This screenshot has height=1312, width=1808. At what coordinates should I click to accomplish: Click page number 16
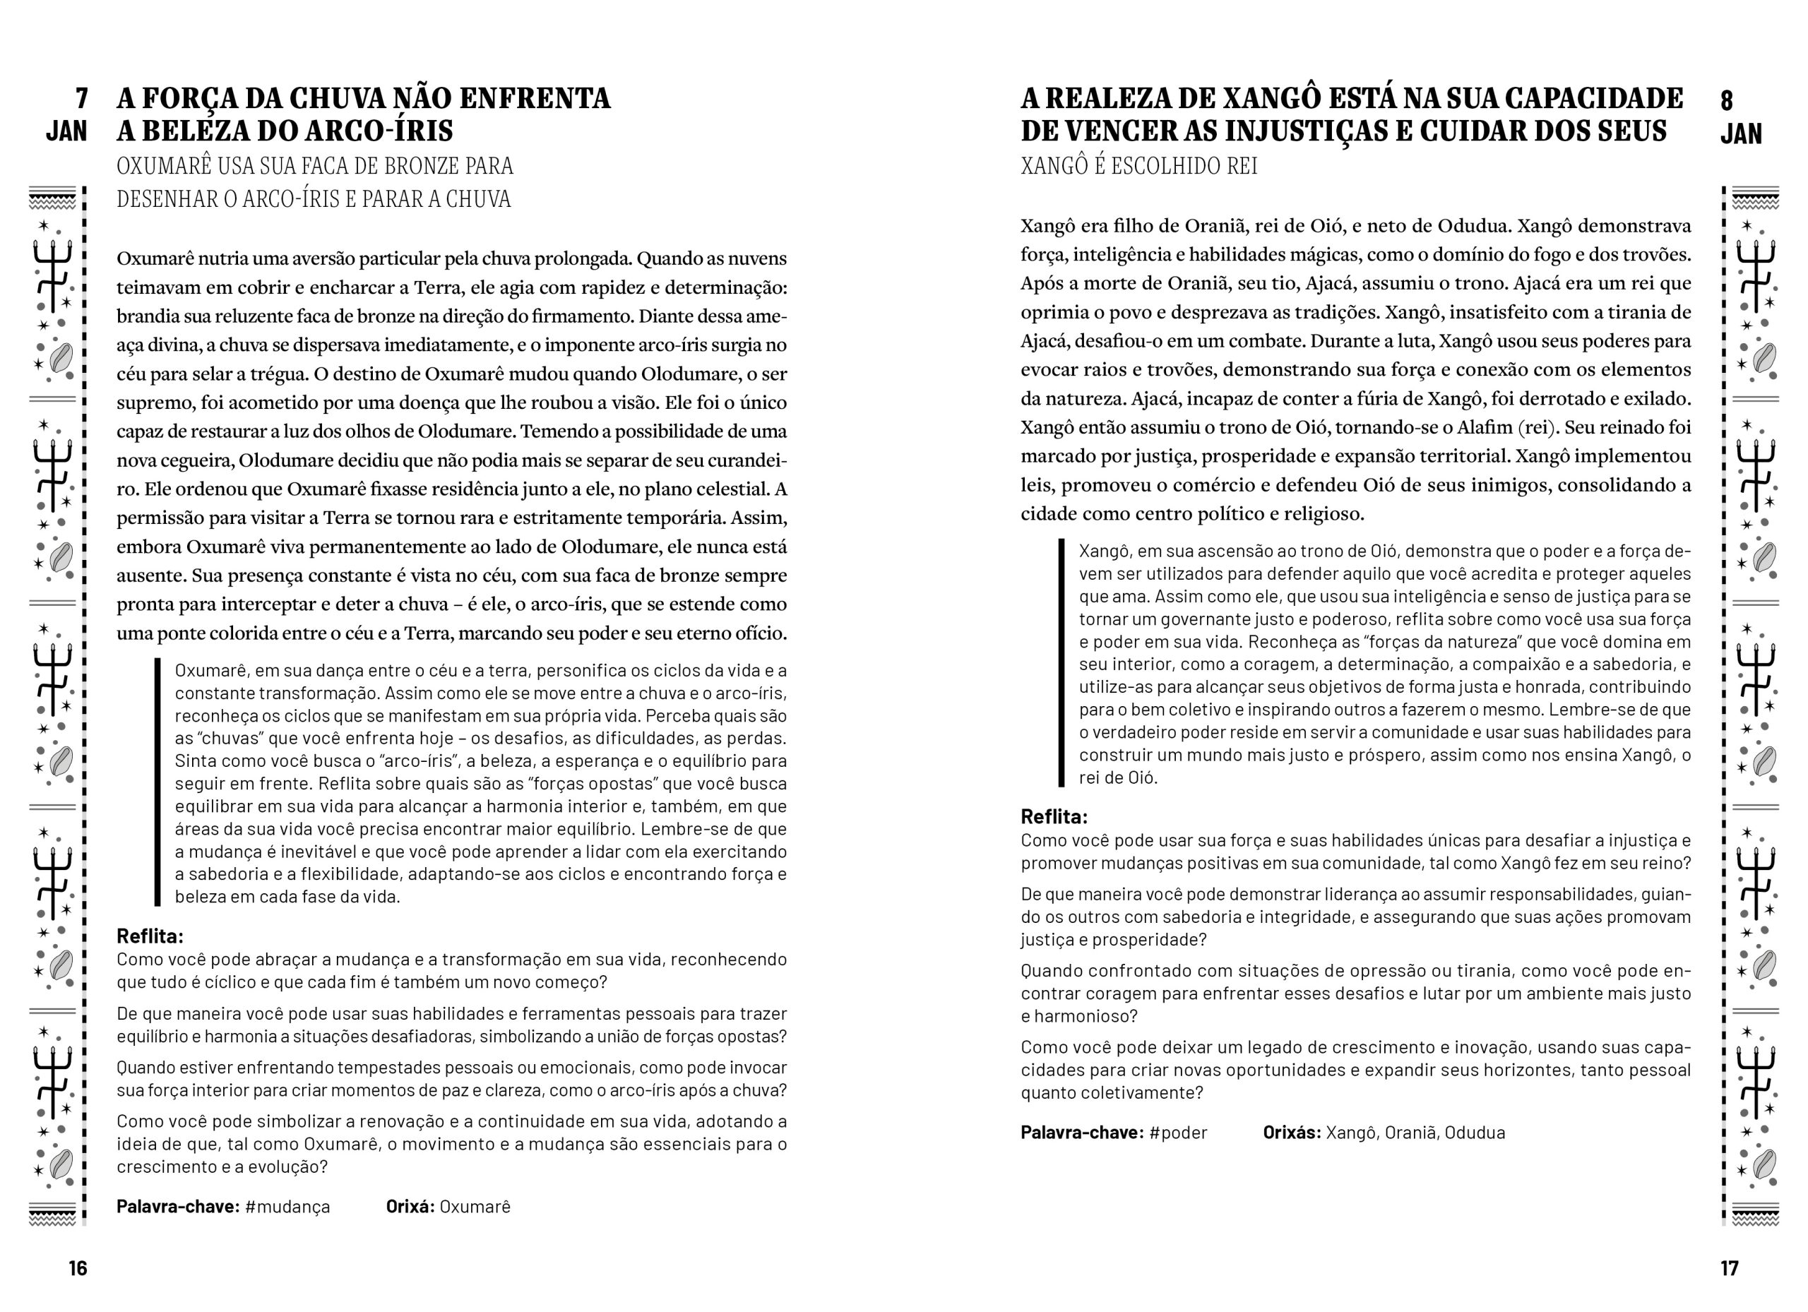tap(77, 1268)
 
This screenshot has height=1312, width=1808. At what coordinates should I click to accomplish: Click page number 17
tap(1729, 1268)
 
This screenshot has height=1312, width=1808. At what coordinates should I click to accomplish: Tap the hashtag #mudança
tap(287, 1206)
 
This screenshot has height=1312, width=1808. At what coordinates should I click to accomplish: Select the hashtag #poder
tap(1178, 1132)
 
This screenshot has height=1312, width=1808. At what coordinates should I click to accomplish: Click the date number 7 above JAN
tap(81, 99)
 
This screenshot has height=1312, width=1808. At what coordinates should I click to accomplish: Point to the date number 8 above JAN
tap(1727, 100)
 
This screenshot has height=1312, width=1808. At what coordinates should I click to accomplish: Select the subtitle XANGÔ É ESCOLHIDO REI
tap(1138, 166)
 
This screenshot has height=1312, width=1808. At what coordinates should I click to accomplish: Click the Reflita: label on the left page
tap(150, 935)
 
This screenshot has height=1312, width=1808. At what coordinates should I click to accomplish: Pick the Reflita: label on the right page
tap(1054, 816)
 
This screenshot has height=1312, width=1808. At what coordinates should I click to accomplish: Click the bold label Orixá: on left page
tap(410, 1206)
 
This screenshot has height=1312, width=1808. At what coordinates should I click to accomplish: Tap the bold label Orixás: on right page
tap(1292, 1132)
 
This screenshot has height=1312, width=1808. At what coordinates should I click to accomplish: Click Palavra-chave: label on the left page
tap(178, 1206)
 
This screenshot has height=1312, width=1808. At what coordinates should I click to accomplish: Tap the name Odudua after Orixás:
tap(1474, 1132)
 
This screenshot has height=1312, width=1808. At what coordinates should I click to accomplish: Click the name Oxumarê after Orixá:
tap(475, 1206)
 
